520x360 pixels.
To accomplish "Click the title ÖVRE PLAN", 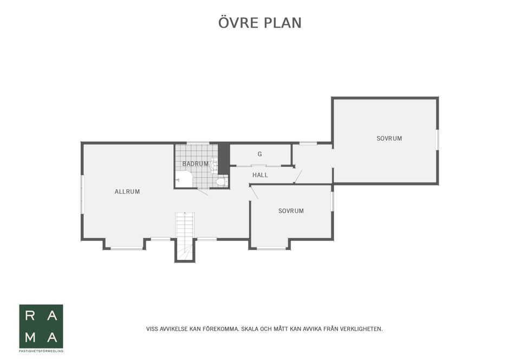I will (x=260, y=23).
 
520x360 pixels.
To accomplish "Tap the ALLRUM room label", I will (x=127, y=192).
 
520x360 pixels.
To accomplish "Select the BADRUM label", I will (x=195, y=163).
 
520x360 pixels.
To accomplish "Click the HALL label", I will (x=260, y=175).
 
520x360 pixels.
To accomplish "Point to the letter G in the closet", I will (x=260, y=154).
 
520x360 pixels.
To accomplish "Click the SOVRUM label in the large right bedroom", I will (x=389, y=139).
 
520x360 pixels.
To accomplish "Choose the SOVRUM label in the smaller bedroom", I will (x=291, y=211).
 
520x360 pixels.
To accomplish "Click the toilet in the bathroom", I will (x=221, y=181).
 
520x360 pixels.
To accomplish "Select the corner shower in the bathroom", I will (x=184, y=179).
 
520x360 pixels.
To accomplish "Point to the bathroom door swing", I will (x=202, y=192).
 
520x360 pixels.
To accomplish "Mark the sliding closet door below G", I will (x=259, y=165).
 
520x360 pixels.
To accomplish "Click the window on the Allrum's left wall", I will (x=82, y=194).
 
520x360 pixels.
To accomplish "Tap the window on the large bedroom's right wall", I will (x=437, y=140).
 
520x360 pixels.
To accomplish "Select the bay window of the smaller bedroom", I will (x=271, y=248).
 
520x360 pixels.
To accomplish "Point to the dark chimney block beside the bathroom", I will (x=224, y=158).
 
